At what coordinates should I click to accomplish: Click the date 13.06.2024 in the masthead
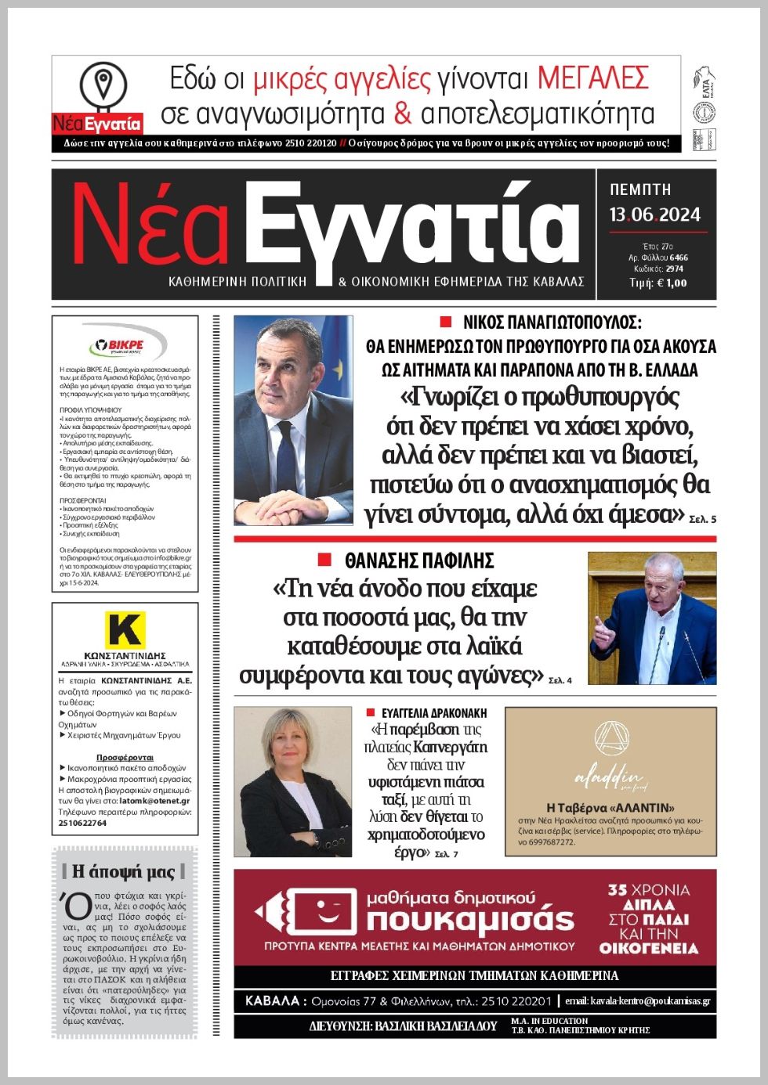coord(655,215)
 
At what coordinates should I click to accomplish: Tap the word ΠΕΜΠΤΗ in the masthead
coord(640,189)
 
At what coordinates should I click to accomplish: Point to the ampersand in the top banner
coord(403,114)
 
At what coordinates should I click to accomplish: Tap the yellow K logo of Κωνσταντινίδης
coord(125,630)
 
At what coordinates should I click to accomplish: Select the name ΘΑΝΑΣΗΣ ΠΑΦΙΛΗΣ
coord(419,561)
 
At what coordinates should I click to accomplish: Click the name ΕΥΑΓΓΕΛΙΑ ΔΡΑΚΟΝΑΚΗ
coord(434,713)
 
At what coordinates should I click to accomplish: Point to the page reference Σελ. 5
coord(702,519)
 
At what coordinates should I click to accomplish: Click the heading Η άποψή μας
coord(124,871)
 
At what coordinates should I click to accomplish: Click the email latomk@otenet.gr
coord(157,801)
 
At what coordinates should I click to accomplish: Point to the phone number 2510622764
coord(82,823)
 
